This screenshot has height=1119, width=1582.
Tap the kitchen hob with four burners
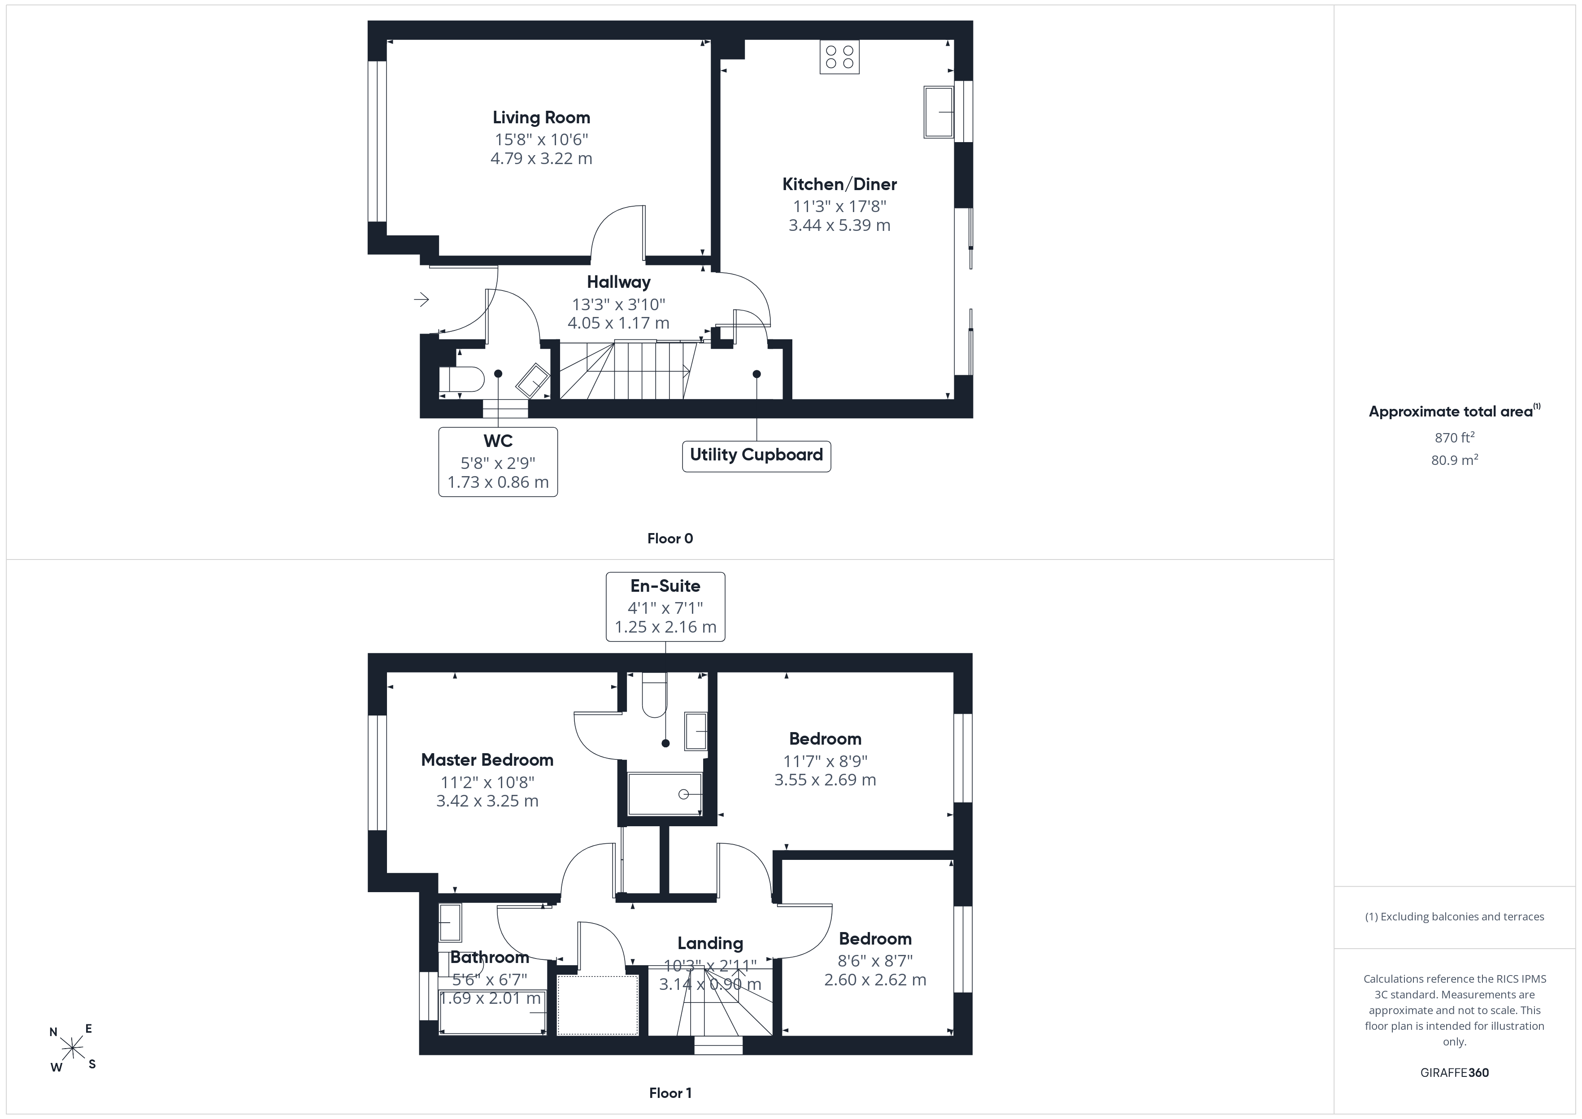[x=839, y=57]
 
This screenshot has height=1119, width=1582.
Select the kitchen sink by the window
[x=939, y=112]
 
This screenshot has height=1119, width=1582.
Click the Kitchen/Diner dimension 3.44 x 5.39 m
[x=839, y=226]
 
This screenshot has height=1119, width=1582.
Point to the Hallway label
[x=618, y=282]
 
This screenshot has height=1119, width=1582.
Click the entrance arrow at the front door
[x=421, y=299]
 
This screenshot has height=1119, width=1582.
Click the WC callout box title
[x=497, y=441]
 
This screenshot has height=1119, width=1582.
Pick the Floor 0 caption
[x=670, y=539]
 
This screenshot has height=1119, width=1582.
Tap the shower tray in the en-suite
[x=665, y=794]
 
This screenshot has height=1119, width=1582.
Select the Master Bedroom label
[x=487, y=760]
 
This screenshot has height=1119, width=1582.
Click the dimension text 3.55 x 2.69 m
[x=825, y=780]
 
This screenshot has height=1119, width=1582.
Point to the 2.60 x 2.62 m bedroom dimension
[x=875, y=980]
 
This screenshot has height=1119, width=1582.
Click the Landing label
[x=710, y=943]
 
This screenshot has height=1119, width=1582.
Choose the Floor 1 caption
[x=670, y=1093]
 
